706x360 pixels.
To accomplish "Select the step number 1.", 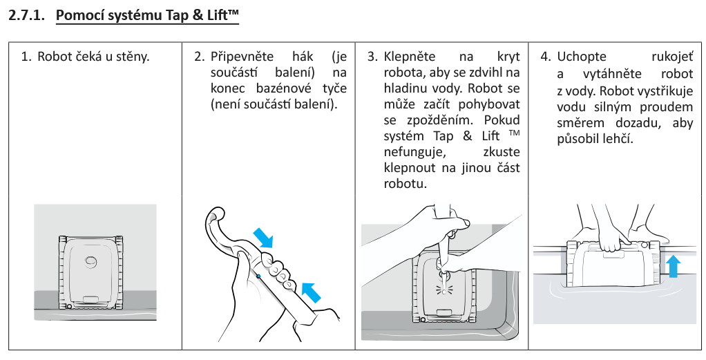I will tap(26, 56).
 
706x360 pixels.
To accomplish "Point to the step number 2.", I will tap(199, 56).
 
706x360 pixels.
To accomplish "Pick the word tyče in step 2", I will tap(334, 88).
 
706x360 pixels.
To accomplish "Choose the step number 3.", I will tap(372, 56).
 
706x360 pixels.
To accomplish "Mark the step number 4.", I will tap(545, 56).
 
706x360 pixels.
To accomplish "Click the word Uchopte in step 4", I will tap(582, 56).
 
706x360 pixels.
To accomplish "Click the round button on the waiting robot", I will tap(91, 260).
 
